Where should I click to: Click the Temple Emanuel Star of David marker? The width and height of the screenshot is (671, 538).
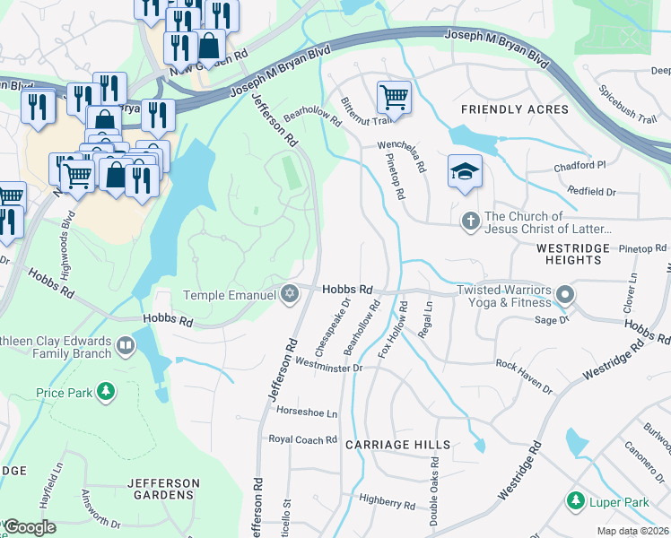tap(289, 294)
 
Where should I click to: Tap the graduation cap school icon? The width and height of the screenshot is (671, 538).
tap(465, 171)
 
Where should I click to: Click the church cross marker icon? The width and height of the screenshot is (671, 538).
tap(470, 221)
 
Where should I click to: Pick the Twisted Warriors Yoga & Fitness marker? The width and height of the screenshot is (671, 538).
tap(564, 294)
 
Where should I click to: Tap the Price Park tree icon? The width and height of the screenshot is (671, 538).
tap(106, 392)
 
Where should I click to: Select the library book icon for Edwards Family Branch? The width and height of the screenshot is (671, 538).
tap(126, 345)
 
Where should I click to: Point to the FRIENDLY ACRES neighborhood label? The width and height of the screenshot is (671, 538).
tap(514, 109)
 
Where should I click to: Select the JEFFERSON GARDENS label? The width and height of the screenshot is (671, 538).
tap(163, 489)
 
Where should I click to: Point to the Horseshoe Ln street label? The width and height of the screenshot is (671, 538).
tap(307, 413)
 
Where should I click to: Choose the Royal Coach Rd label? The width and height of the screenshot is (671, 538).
tap(303, 439)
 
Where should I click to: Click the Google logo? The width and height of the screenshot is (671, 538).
tap(30, 527)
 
